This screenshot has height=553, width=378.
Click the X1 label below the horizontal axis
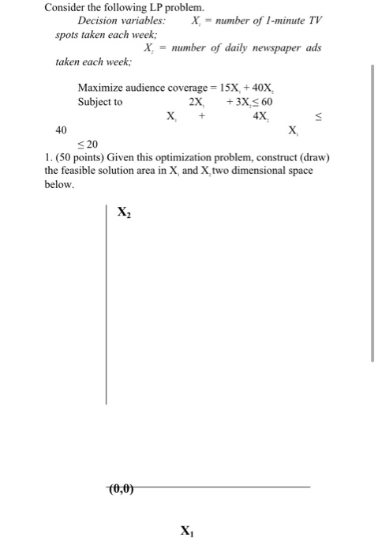pyautogui.click(x=186, y=530)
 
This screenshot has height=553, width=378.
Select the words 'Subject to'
pyautogui.click(x=100, y=102)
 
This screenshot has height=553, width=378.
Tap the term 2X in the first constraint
pyautogui.click(x=197, y=102)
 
